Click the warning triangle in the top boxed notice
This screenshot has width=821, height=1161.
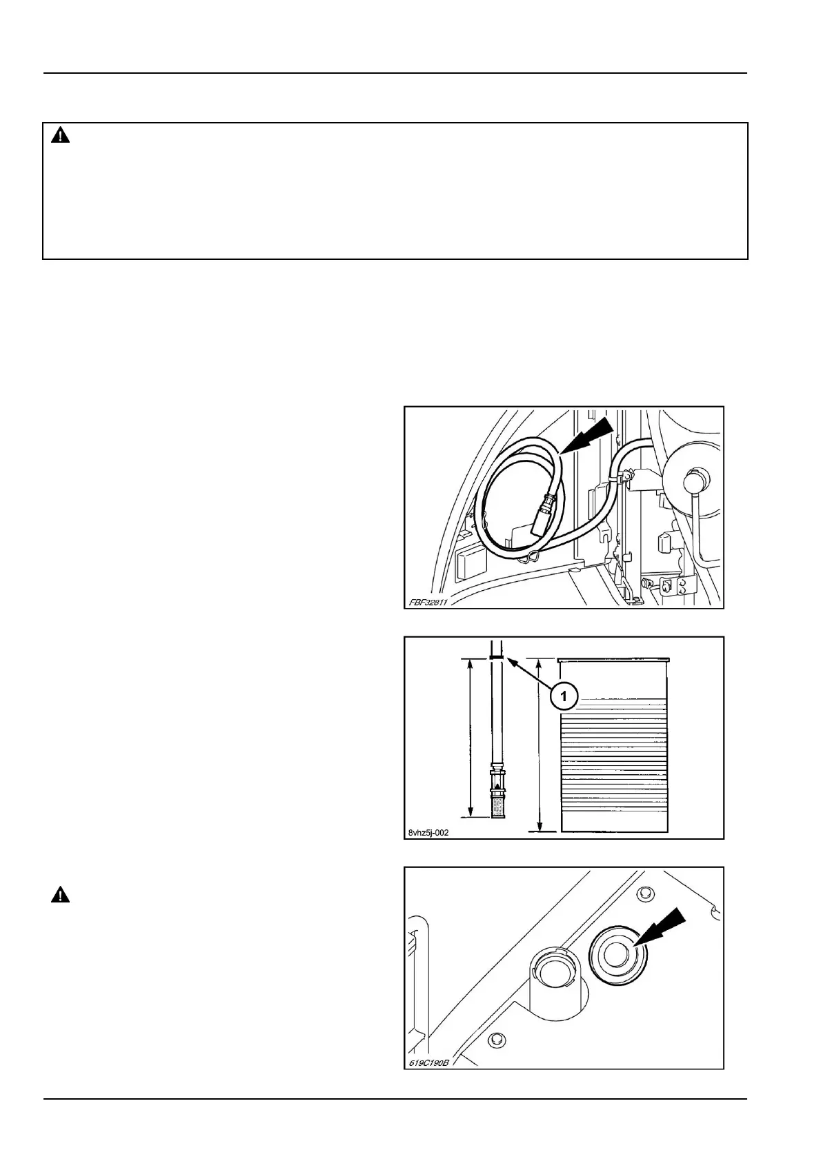click(x=61, y=136)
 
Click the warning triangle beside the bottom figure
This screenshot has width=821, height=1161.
click(x=61, y=896)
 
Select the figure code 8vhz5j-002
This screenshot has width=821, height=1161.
click(x=428, y=832)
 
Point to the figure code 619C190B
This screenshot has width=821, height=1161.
click(x=428, y=1062)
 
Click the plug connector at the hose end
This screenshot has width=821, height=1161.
click(x=543, y=514)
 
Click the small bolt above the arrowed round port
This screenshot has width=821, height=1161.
click(x=646, y=894)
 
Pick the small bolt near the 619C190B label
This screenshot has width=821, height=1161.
click(x=493, y=1039)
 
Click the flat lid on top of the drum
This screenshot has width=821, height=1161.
click(x=613, y=659)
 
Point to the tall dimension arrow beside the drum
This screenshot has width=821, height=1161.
click(x=540, y=745)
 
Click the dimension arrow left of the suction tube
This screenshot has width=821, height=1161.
click(x=470, y=738)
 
